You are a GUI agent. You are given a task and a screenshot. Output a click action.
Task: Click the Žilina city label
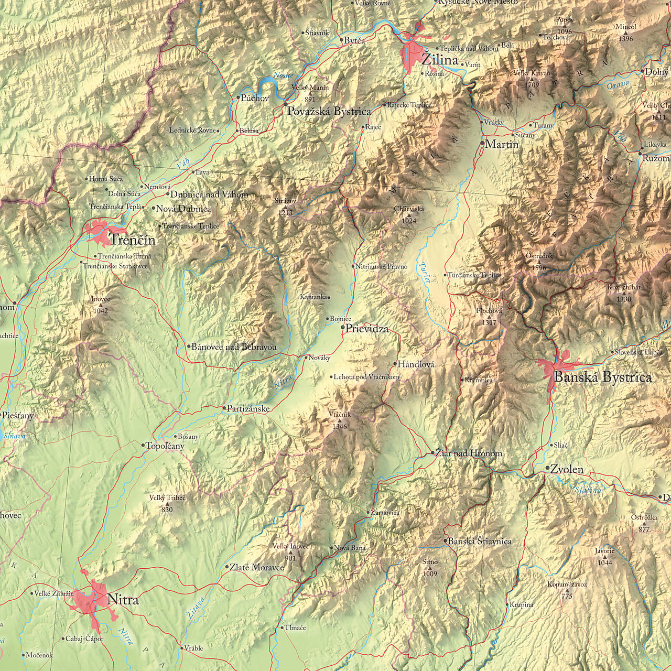tap(440, 60)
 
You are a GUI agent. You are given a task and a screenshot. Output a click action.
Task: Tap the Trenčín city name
tap(132, 240)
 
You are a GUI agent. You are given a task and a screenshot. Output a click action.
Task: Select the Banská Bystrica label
tap(603, 377)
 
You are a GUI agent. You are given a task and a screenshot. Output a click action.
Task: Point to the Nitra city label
tap(123, 599)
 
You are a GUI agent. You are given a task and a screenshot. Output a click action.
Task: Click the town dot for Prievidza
tap(343, 328)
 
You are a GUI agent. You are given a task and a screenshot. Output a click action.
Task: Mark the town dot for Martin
tap(482, 143)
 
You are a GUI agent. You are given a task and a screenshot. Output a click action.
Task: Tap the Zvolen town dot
tap(547, 468)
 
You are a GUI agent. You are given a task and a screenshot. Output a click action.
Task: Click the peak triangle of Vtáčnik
tap(339, 420)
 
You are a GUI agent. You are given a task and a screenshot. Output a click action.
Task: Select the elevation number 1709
tap(532, 84)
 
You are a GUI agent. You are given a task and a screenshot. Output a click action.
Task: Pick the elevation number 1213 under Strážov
tap(285, 212)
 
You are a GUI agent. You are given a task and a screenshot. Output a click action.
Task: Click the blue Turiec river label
tap(424, 272)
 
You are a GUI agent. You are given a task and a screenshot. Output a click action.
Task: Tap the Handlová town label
tap(416, 364)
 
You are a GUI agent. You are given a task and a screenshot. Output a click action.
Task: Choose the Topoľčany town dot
tap(143, 445)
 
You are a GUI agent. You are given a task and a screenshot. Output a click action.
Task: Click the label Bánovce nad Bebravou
tap(234, 347)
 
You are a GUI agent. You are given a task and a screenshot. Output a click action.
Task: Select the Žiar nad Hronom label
tap(469, 453)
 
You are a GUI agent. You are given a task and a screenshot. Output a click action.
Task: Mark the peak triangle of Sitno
tap(430, 568)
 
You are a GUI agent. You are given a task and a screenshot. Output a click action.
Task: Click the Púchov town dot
tap(238, 98)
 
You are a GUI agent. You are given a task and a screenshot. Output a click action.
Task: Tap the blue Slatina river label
tap(588, 490)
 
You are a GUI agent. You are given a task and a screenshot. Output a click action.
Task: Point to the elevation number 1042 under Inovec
tap(100, 311)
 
